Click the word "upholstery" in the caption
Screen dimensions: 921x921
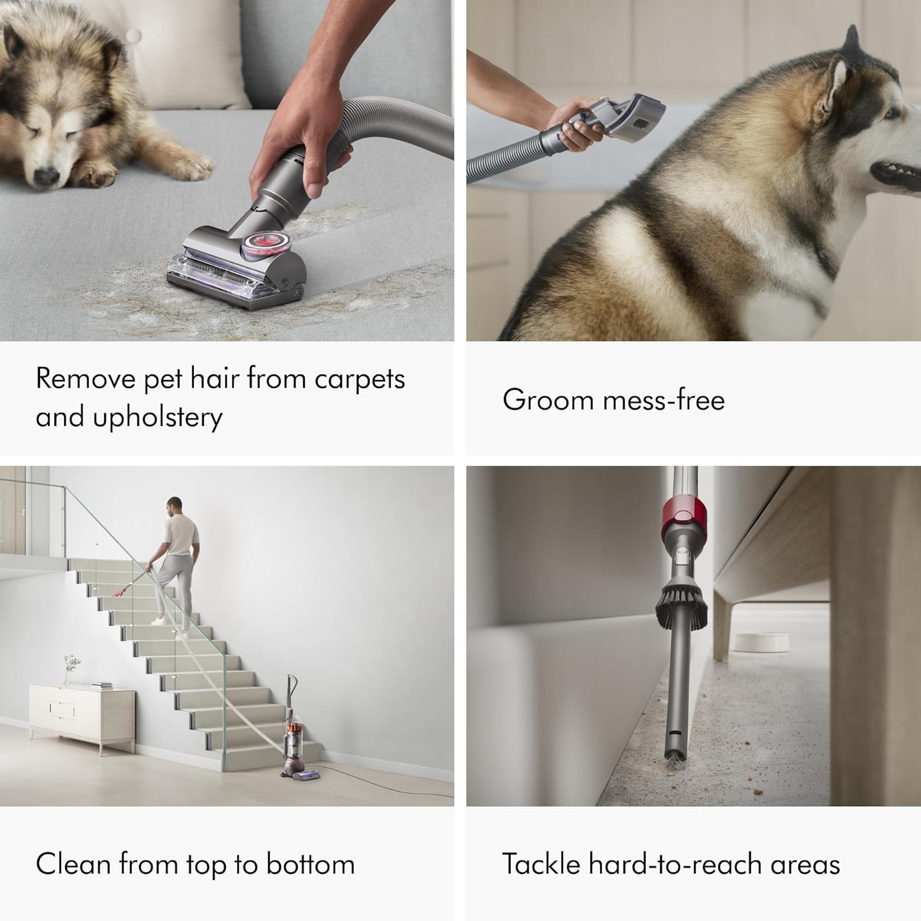pyautogui.click(x=158, y=418)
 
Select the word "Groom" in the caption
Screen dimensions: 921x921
pyautogui.click(x=547, y=400)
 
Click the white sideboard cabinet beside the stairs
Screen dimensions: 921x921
pyautogui.click(x=82, y=715)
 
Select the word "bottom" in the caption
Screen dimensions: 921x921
pyautogui.click(x=311, y=865)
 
